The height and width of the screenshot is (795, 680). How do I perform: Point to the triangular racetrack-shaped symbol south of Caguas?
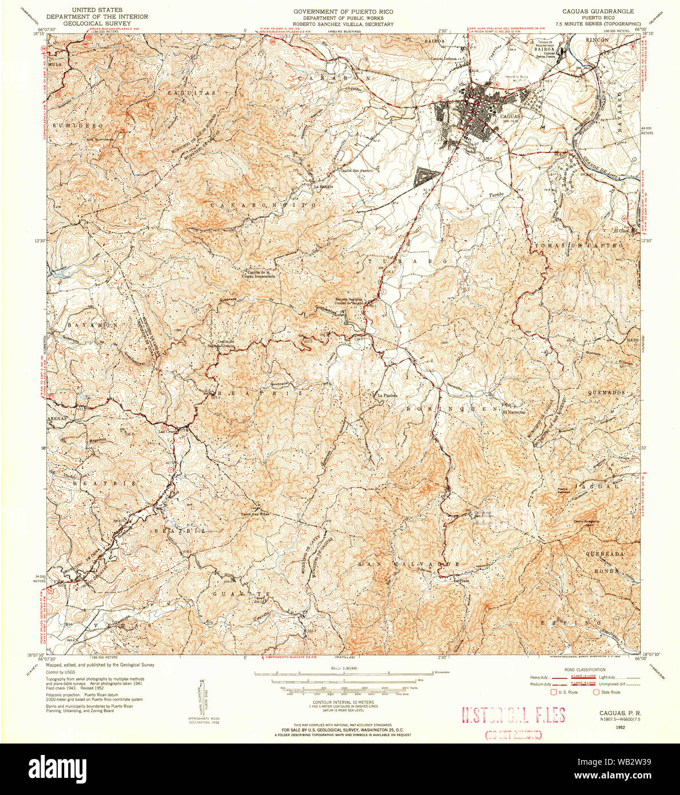pos(425,176)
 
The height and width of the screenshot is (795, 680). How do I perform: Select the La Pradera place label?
pos(386,395)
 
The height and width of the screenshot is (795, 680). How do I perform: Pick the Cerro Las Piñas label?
pos(254,514)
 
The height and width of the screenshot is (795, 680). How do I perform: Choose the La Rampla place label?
pos(323,185)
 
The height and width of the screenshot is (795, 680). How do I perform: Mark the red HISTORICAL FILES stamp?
pos(513,715)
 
